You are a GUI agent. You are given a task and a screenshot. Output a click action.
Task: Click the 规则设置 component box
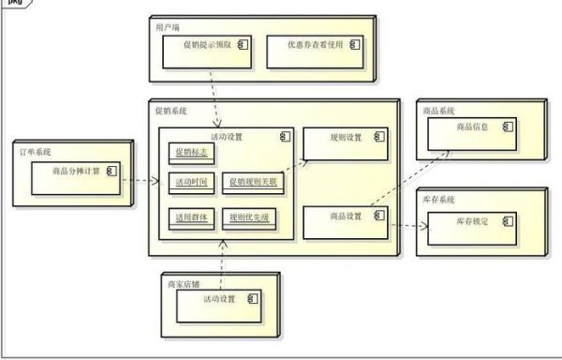(x=344, y=143)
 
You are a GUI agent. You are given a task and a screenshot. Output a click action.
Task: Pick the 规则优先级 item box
(x=250, y=217)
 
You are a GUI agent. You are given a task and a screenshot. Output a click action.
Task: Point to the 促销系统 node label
(x=171, y=111)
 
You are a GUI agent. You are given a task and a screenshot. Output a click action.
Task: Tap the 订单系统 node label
(x=36, y=152)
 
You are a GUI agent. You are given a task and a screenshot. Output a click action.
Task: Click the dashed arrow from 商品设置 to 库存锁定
(x=407, y=225)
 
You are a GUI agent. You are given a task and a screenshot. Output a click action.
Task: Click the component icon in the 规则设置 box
(x=379, y=137)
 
